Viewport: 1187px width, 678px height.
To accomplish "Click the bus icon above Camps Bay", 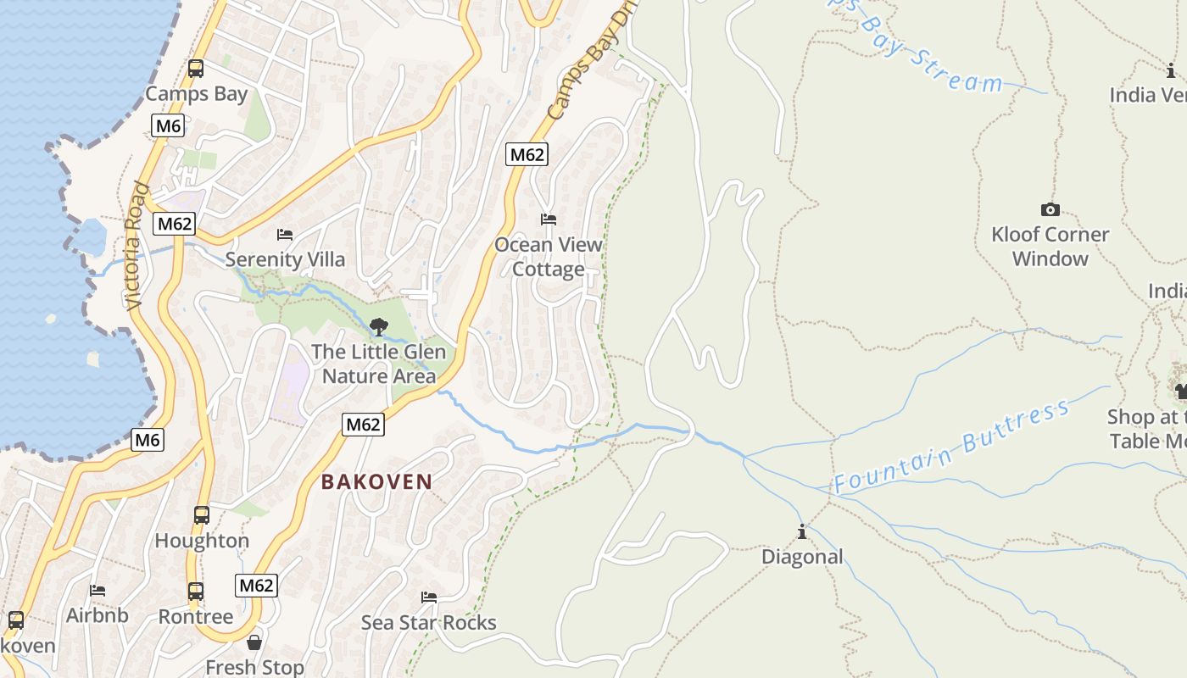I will pos(196,69).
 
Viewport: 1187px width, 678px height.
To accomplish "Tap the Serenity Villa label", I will pos(285,259).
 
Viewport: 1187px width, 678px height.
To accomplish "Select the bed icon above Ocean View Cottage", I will pos(549,220).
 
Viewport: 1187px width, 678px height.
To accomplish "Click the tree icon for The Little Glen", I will pos(378,326).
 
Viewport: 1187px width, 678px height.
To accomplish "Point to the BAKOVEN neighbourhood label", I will pos(376,481).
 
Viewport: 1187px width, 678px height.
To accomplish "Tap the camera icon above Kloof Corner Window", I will pos(1050,209).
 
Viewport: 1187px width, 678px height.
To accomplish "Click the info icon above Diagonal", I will pos(801,532).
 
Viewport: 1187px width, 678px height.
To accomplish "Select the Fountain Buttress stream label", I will pos(951,447).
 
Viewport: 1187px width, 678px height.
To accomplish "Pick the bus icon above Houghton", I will pos(201,514).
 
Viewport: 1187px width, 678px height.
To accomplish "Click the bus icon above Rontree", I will pos(196,591).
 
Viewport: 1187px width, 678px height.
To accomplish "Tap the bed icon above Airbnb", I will pos(98,591).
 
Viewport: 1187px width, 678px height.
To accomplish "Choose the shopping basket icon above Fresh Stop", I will pos(254,642).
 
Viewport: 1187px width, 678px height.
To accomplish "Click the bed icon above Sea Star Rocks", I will pos(429,597).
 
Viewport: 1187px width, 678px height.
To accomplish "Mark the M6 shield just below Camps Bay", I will pos(168,126).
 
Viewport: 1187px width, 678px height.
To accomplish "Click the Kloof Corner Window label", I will pos(1050,247).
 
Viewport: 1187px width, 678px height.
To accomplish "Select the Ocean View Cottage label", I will pos(549,257).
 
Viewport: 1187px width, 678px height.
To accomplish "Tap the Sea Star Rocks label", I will pos(428,623).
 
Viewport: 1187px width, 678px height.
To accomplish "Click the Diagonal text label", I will pos(802,557).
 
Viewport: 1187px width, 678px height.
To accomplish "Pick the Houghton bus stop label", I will pos(202,541).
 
